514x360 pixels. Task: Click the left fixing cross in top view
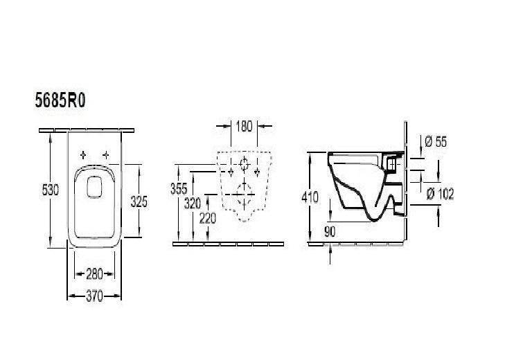(x=83, y=154)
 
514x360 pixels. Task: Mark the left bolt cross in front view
(x=229, y=170)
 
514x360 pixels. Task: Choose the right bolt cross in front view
(x=257, y=170)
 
